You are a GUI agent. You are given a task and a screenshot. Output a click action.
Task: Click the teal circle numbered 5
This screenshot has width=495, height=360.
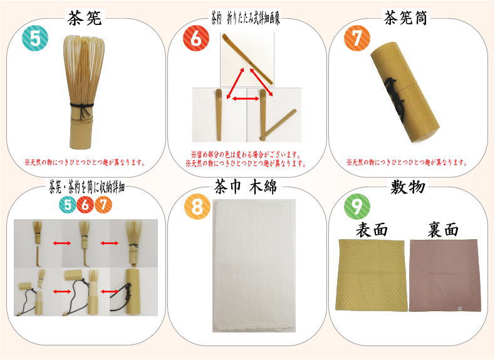(35, 39)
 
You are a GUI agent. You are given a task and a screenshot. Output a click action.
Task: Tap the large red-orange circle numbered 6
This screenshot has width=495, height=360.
(195, 39)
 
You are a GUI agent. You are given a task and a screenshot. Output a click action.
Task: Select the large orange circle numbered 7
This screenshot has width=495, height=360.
(357, 39)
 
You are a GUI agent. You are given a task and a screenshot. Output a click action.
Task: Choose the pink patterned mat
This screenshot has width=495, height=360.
(444, 275)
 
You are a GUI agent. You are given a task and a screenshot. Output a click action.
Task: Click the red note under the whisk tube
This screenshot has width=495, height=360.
(407, 162)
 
